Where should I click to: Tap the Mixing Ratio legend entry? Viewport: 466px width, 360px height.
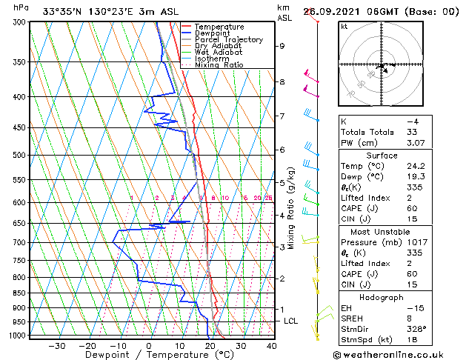pos(219,65)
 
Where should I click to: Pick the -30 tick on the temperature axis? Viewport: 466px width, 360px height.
pos(56,346)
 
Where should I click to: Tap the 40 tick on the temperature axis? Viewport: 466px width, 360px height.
pos(271,346)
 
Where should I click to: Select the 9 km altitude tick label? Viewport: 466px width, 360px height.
pos(282,46)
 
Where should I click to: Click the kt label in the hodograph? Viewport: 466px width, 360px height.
pos(344,27)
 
